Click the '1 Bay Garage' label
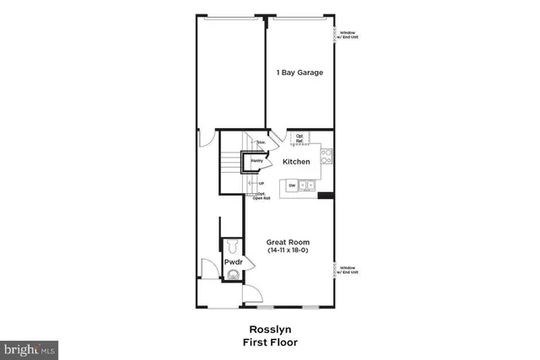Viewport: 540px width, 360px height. tap(300, 73)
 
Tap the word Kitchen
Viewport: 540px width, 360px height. tap(295, 161)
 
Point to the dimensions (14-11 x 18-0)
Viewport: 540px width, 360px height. tap(289, 251)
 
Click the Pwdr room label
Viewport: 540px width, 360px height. tap(234, 263)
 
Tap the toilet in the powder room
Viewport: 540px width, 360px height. tap(234, 247)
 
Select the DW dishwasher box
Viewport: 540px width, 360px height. tap(292, 185)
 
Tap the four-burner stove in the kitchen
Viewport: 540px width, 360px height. tap(327, 156)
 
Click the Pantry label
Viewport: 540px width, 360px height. tap(256, 160)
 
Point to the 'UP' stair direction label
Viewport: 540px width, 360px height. tap(261, 184)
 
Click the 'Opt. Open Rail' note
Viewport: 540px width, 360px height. tap(262, 196)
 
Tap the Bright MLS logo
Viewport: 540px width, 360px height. tap(30, 347)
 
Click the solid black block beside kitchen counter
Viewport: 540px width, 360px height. tap(326, 196)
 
